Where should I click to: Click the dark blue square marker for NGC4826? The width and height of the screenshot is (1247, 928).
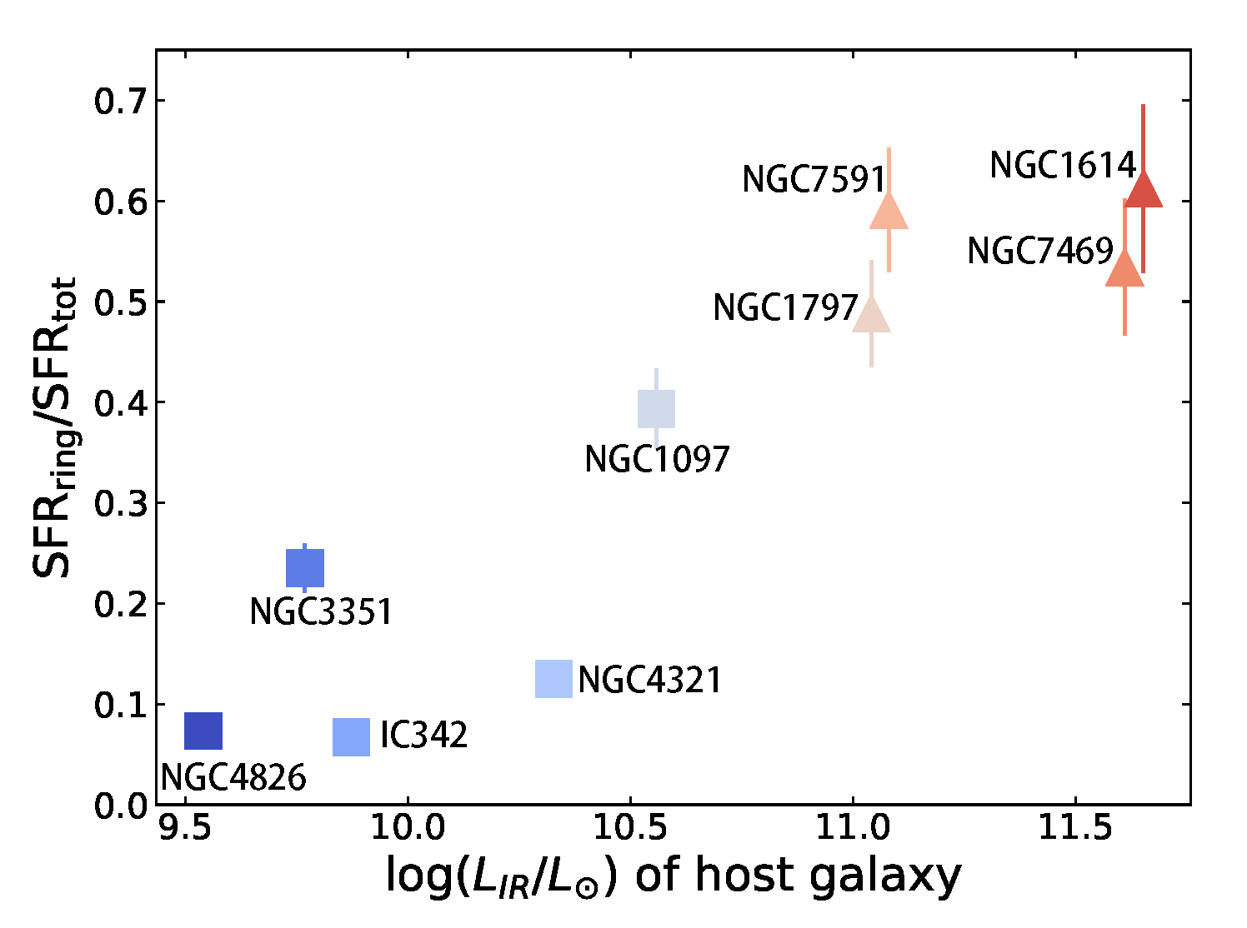pyautogui.click(x=203, y=731)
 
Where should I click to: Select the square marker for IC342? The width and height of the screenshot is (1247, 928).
pyautogui.click(x=351, y=737)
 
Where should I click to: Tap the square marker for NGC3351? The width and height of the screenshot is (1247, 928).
pyautogui.click(x=305, y=568)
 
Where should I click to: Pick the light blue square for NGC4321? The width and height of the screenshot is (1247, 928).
pyautogui.click(x=553, y=679)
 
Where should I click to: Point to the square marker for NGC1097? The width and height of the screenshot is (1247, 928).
pyautogui.click(x=656, y=409)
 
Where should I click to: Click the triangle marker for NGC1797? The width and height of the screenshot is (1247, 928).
pyautogui.click(x=871, y=315)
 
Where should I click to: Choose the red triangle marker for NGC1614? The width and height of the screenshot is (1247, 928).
pyautogui.click(x=1143, y=190)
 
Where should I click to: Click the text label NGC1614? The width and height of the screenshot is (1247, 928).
pyautogui.click(x=1063, y=166)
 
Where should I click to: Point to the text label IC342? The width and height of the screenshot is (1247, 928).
pyautogui.click(x=423, y=736)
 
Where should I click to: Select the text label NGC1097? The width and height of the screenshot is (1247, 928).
pyautogui.click(x=657, y=460)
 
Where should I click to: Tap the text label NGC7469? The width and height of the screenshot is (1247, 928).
pyautogui.click(x=1040, y=251)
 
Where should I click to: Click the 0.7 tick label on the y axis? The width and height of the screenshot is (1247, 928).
pyautogui.click(x=118, y=102)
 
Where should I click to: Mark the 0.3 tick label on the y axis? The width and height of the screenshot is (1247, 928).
pyautogui.click(x=118, y=504)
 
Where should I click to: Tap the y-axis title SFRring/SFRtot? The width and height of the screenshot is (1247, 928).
pyautogui.click(x=55, y=427)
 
